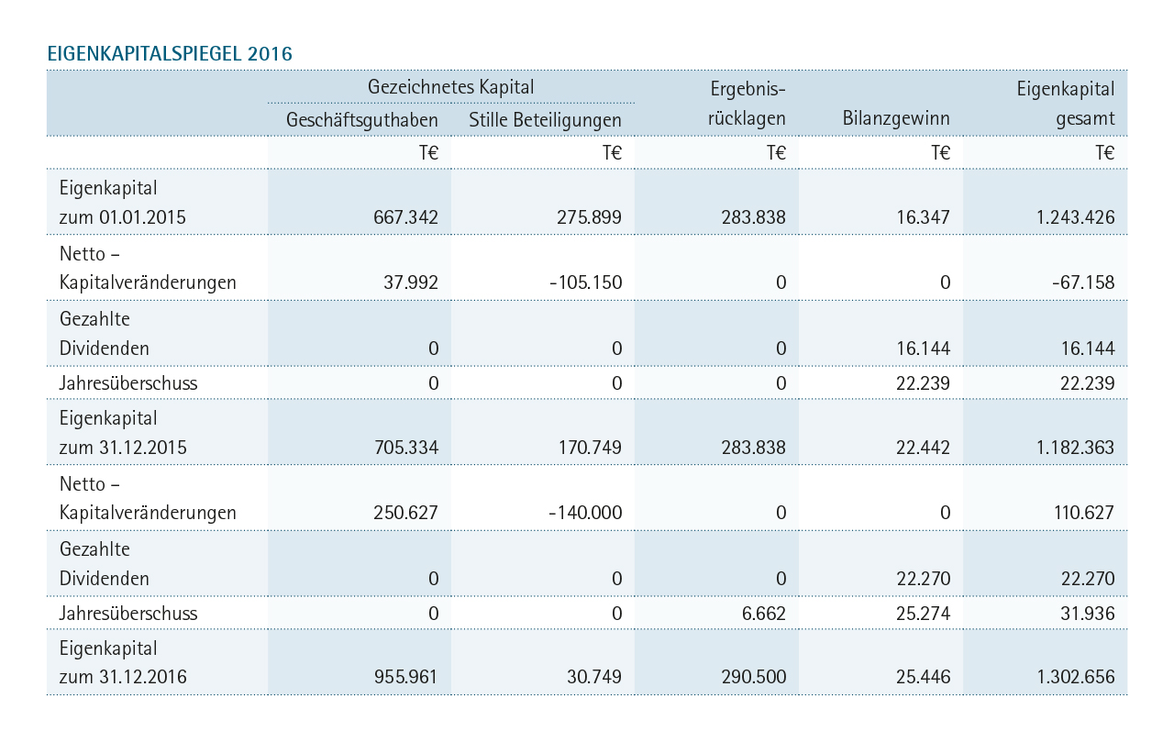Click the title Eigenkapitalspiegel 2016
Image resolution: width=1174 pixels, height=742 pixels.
point(170,54)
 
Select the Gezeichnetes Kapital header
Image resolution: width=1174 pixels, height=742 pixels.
point(450,87)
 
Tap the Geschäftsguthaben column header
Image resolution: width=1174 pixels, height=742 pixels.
point(361,120)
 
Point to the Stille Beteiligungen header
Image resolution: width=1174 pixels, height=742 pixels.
point(545,120)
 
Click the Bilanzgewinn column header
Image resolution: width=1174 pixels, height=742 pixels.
point(896,118)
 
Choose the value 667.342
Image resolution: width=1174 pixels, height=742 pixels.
point(405,217)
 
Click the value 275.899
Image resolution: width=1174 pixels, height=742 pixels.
point(589,217)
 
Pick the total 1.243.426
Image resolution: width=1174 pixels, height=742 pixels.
point(1076,217)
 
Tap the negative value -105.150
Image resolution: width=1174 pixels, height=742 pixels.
point(585,282)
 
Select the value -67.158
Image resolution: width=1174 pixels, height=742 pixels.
point(1083,282)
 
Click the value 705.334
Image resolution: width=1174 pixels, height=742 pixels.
point(406,448)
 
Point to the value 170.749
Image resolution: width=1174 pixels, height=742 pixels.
point(590,448)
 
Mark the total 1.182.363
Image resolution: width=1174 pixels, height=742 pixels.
point(1076,448)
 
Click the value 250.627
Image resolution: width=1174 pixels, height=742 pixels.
point(405,513)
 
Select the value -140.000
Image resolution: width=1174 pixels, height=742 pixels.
point(585,513)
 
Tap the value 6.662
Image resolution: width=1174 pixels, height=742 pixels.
point(764,613)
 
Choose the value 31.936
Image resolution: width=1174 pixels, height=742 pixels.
point(1088,613)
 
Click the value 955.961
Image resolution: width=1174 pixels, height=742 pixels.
point(405,677)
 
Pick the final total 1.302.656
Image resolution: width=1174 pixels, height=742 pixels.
point(1076,677)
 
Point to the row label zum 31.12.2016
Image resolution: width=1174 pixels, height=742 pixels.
point(123,677)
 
